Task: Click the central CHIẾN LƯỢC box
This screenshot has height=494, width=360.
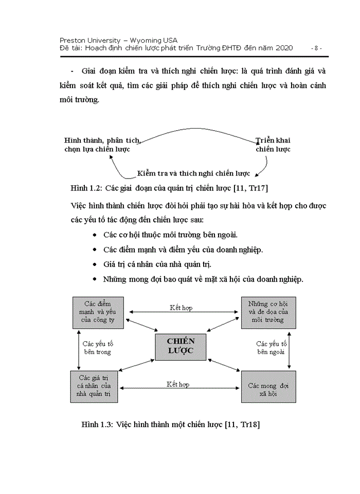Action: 180,346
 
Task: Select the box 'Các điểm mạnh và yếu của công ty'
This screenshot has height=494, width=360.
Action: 98,312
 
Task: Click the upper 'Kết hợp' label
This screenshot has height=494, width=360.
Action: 181,308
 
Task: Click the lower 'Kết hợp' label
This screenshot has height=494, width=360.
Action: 178,384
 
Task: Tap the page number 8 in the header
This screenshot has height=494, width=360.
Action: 317,48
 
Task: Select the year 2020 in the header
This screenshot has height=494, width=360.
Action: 284,48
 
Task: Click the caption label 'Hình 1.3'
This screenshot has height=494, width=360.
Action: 97,425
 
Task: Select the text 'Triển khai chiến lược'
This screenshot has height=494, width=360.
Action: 273,145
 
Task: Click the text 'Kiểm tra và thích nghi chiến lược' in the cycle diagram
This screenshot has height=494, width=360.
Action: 193,173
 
